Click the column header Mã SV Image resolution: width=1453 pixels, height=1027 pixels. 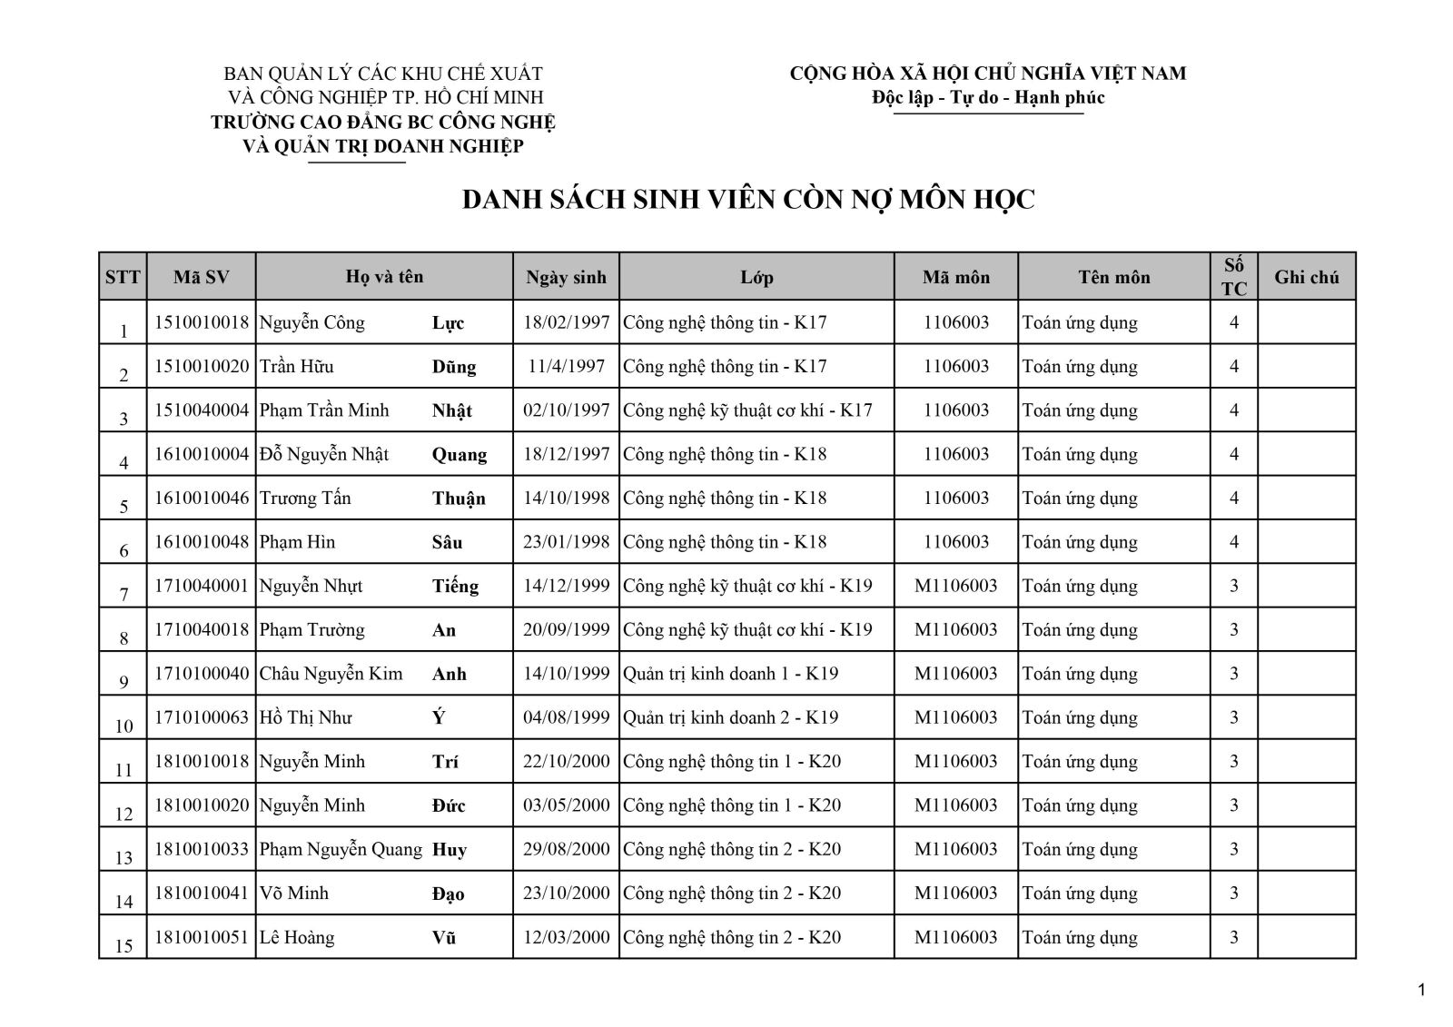(x=201, y=277)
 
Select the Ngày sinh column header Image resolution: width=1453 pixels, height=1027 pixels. (x=566, y=277)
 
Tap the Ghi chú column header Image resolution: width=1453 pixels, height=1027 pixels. (x=1306, y=277)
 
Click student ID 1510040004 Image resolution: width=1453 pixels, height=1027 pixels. (x=202, y=410)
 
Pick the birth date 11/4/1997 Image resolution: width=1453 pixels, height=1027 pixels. (x=566, y=367)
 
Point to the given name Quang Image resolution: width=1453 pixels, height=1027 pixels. (x=459, y=455)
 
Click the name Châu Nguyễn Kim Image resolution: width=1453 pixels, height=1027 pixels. (x=331, y=674)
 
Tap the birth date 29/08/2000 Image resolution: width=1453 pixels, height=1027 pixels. (x=566, y=849)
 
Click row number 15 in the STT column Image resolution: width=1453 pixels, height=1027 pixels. (x=124, y=945)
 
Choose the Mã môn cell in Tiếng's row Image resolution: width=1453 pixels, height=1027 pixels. (x=955, y=586)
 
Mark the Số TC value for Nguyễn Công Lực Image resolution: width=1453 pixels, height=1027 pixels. (x=1233, y=322)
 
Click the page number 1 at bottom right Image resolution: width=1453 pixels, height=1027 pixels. (x=1422, y=990)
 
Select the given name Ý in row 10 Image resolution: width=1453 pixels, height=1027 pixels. (x=440, y=717)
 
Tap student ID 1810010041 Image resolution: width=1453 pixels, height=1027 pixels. (x=202, y=893)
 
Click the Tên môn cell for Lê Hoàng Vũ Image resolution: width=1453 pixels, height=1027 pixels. (x=1080, y=937)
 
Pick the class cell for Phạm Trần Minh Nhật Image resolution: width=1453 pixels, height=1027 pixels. (x=747, y=410)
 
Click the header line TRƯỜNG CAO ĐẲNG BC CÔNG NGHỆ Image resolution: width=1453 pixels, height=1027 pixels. (x=383, y=122)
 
